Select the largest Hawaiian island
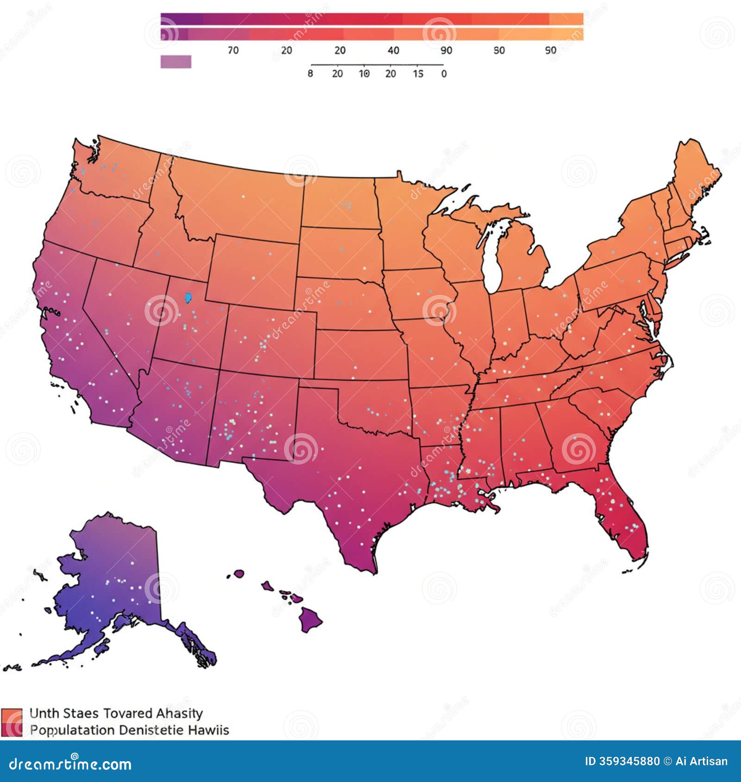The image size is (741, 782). pyautogui.click(x=310, y=619)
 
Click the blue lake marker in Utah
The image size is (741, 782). pyautogui.click(x=188, y=297)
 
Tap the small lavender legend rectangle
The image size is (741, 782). pyautogui.click(x=176, y=62)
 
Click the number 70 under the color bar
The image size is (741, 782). pyautogui.click(x=233, y=50)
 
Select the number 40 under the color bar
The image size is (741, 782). pyautogui.click(x=393, y=50)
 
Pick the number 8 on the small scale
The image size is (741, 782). pyautogui.click(x=310, y=74)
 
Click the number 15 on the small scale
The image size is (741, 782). pyautogui.click(x=418, y=74)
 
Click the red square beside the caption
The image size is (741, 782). pyautogui.click(x=12, y=722)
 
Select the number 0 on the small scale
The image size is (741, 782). pyautogui.click(x=444, y=74)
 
